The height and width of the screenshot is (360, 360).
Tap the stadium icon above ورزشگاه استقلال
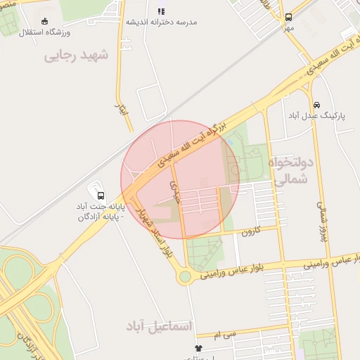pos(46,21)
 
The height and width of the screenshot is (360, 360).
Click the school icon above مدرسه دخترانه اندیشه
pos(162,11)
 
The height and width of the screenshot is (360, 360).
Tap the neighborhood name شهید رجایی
pos(77,55)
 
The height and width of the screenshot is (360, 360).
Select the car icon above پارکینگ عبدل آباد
pos(316,104)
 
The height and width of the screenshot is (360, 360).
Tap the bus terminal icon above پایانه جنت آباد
pos(100,195)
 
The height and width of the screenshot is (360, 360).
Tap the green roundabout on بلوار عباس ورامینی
pos(185,276)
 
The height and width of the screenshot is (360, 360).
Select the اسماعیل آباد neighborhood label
pos(159,326)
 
